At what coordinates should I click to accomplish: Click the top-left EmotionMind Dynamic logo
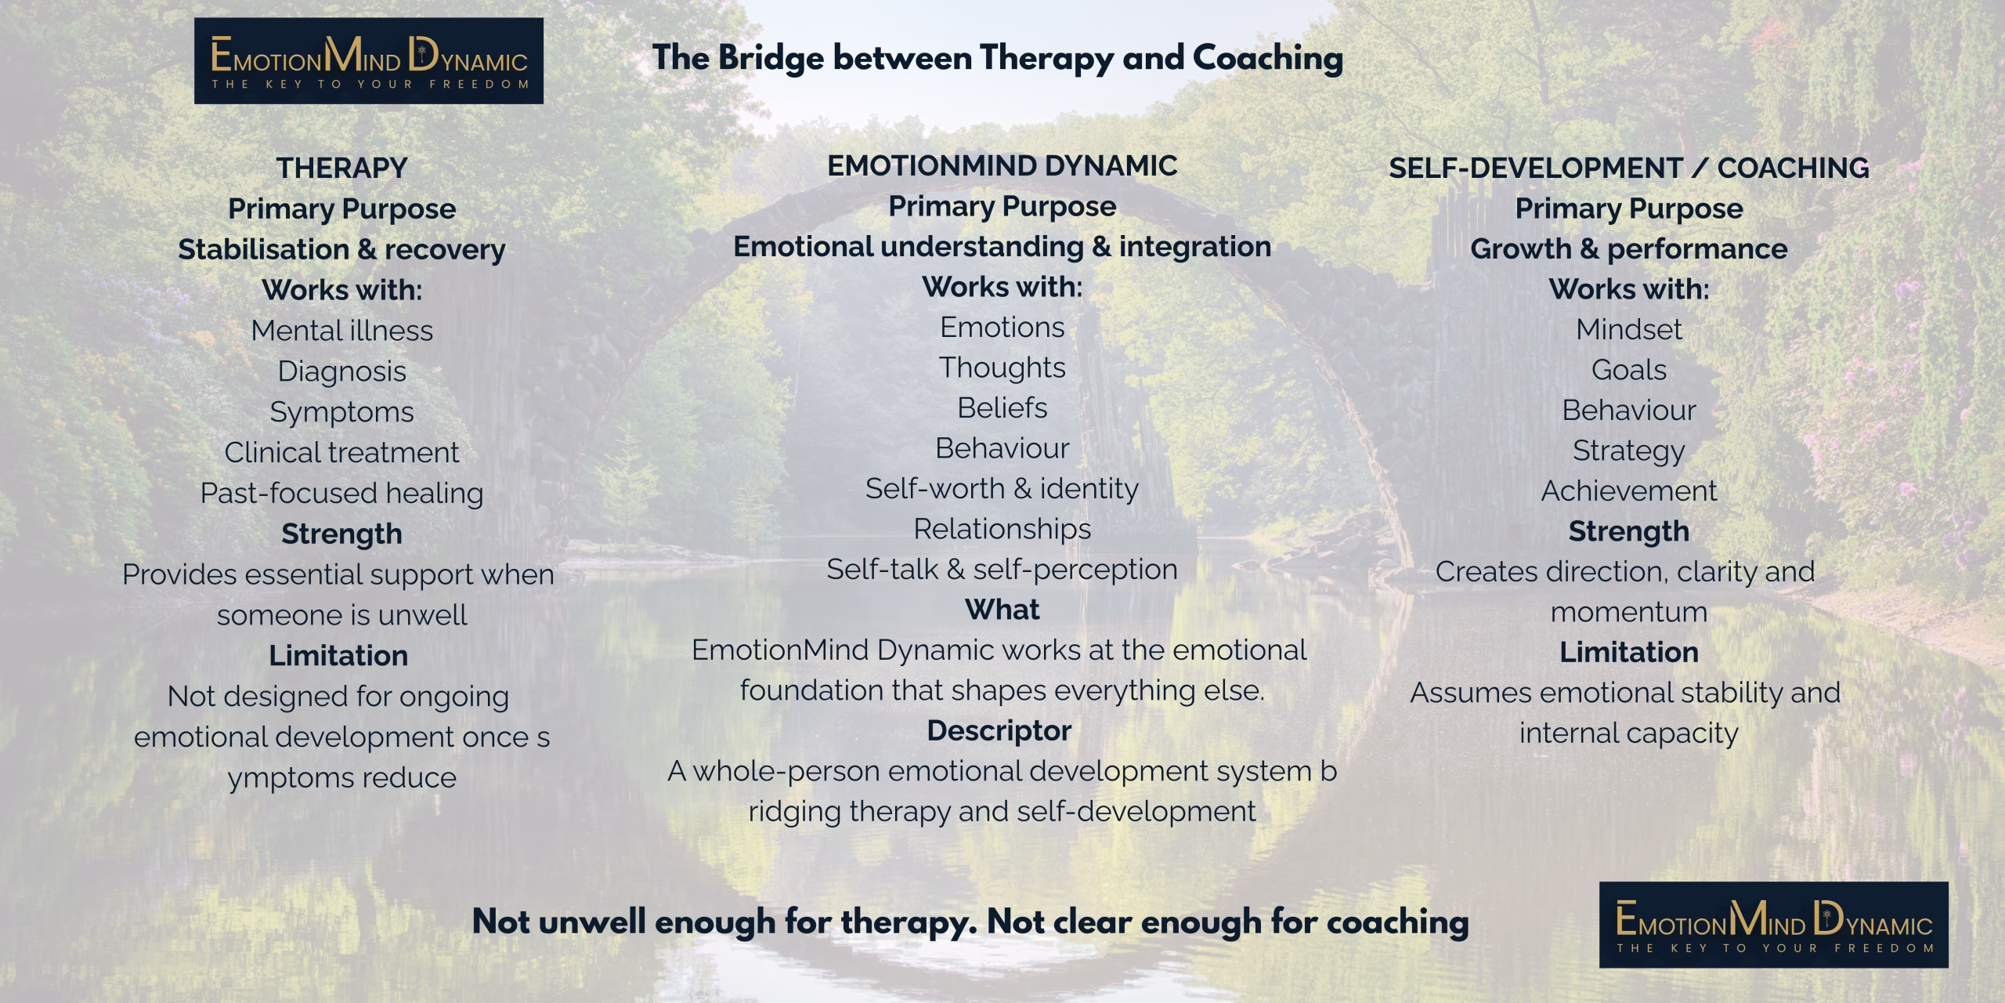[x=368, y=61]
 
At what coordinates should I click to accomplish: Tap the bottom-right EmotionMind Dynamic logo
[x=1773, y=925]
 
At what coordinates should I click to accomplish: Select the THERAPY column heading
[x=341, y=168]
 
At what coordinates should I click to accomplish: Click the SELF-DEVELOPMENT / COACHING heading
[x=1629, y=168]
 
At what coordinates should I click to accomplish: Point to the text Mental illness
[x=341, y=331]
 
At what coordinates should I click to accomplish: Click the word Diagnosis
[x=341, y=371]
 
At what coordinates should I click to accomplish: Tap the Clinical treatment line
[x=341, y=452]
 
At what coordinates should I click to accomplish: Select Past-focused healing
[x=341, y=493]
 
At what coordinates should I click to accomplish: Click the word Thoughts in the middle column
[x=1002, y=368]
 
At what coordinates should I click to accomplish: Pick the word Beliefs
[x=1002, y=407]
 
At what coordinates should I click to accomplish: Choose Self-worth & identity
[x=1002, y=488]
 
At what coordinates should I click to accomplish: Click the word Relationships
[x=1002, y=529]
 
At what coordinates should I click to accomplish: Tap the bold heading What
[x=1002, y=610]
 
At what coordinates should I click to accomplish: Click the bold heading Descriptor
[x=999, y=730]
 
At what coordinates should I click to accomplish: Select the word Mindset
[x=1628, y=329]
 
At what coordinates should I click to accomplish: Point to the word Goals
[x=1628, y=370]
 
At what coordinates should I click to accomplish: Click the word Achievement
[x=1628, y=491]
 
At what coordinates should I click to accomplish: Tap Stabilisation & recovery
[x=341, y=249]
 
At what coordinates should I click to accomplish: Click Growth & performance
[x=1628, y=248]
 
